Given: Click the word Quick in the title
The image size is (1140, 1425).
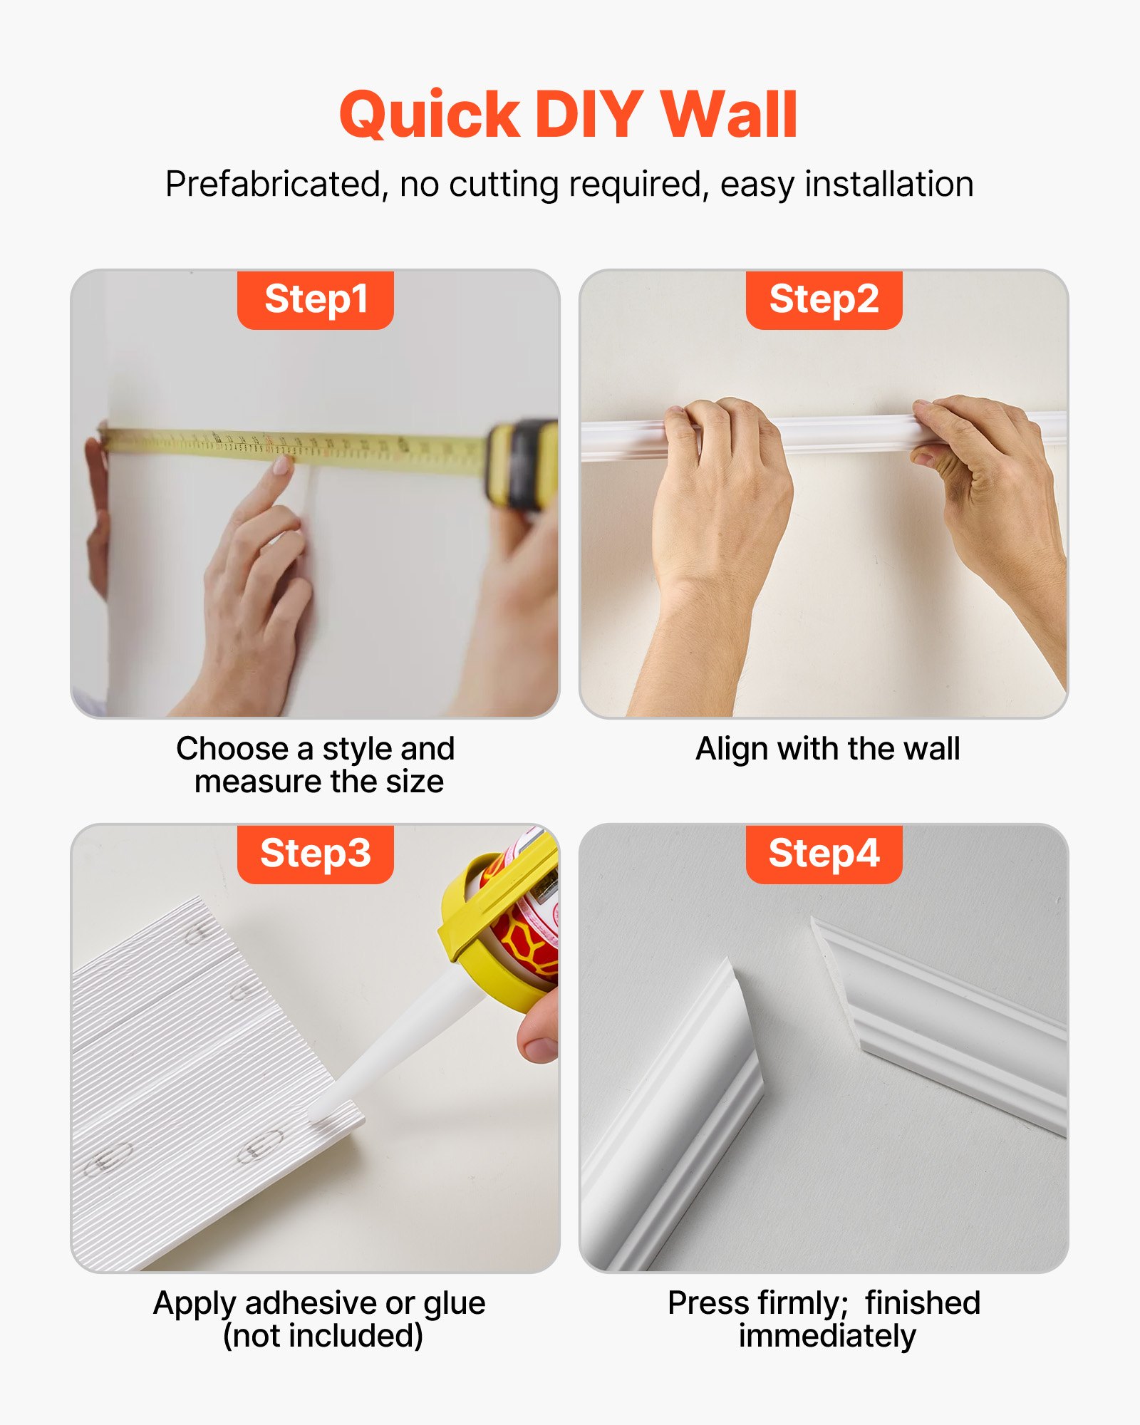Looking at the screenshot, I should (430, 115).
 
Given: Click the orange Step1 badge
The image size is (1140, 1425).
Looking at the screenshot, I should (315, 299).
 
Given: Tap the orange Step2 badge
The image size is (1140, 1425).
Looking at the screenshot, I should (824, 299).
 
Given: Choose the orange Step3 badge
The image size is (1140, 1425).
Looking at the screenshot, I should (315, 854).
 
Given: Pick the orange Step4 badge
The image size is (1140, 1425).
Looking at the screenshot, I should (824, 854).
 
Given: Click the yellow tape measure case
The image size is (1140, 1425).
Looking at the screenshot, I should (522, 463).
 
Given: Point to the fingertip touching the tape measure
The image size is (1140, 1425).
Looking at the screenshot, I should (281, 467).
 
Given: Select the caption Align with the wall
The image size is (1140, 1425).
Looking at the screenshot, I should (827, 749).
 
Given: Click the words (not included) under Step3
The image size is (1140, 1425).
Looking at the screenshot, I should (323, 1336).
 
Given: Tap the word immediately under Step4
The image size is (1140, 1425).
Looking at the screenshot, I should (826, 1336).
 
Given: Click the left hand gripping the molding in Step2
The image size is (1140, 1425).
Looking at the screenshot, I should (720, 484).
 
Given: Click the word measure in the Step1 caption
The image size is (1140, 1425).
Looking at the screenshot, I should (258, 782).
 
